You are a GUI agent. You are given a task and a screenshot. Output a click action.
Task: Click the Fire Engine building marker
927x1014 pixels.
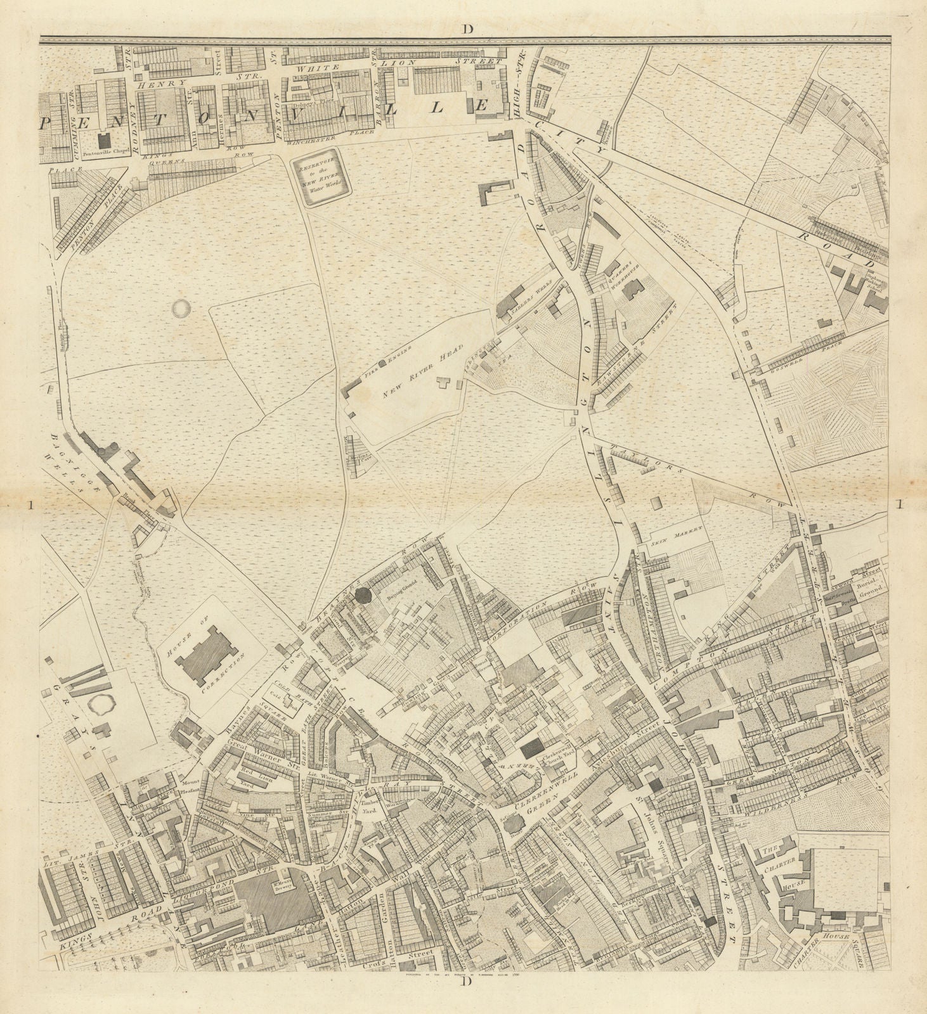382,363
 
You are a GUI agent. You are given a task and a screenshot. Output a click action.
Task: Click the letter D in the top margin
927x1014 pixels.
468,28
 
